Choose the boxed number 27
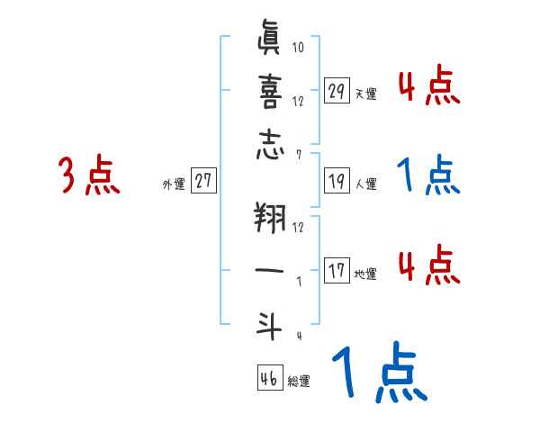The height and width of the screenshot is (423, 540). pos(203,181)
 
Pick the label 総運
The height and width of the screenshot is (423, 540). pos(300,382)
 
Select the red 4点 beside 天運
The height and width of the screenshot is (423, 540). pos(428,86)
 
